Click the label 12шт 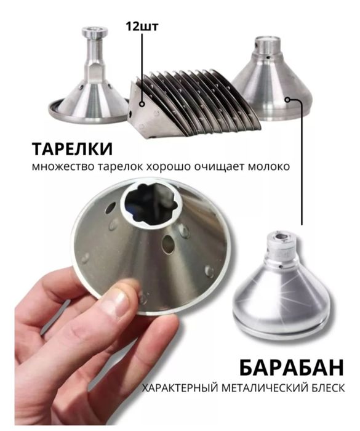pos(142,26)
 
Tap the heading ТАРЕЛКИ pos(72,149)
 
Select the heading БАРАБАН pos(291,368)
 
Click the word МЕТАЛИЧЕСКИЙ pos(263,388)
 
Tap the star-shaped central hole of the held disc pos(149,203)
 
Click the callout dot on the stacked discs pos(142,104)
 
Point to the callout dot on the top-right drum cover pos(287,100)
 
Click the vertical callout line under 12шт pos(142,67)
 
